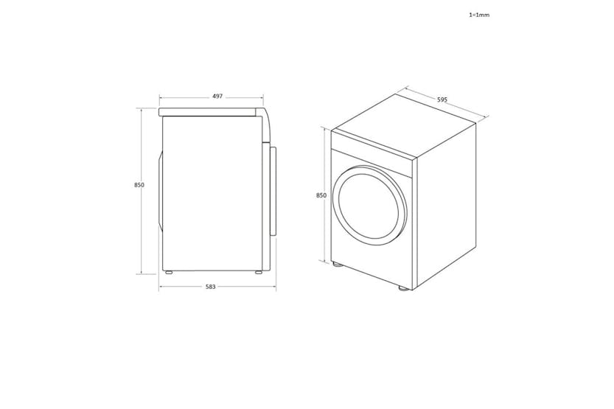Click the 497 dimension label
[217, 97]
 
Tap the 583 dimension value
[211, 287]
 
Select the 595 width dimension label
[442, 99]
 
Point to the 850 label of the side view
[139, 185]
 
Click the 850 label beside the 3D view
[321, 195]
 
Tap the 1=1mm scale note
[479, 15]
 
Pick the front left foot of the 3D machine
[337, 265]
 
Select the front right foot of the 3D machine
[403, 288]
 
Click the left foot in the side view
[168, 273]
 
